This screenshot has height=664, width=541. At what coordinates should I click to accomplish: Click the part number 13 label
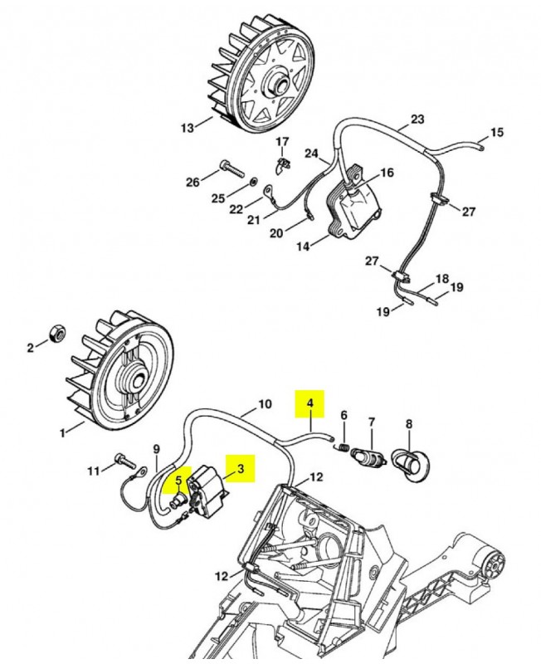point(187,127)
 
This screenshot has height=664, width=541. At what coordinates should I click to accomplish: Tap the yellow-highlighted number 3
point(241,469)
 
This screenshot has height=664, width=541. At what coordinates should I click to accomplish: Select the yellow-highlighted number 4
point(310,404)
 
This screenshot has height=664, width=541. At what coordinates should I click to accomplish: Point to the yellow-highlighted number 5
point(177,479)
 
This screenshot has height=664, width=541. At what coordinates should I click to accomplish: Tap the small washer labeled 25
point(254,180)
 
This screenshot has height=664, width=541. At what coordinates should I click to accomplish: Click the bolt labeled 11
point(124,458)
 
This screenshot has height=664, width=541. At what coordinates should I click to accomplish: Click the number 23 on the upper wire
point(417,119)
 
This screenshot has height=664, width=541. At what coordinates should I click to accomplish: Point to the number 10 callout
point(265,404)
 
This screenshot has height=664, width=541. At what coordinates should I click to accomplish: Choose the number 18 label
point(442,279)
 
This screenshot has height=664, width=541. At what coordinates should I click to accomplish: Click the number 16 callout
point(387,173)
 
